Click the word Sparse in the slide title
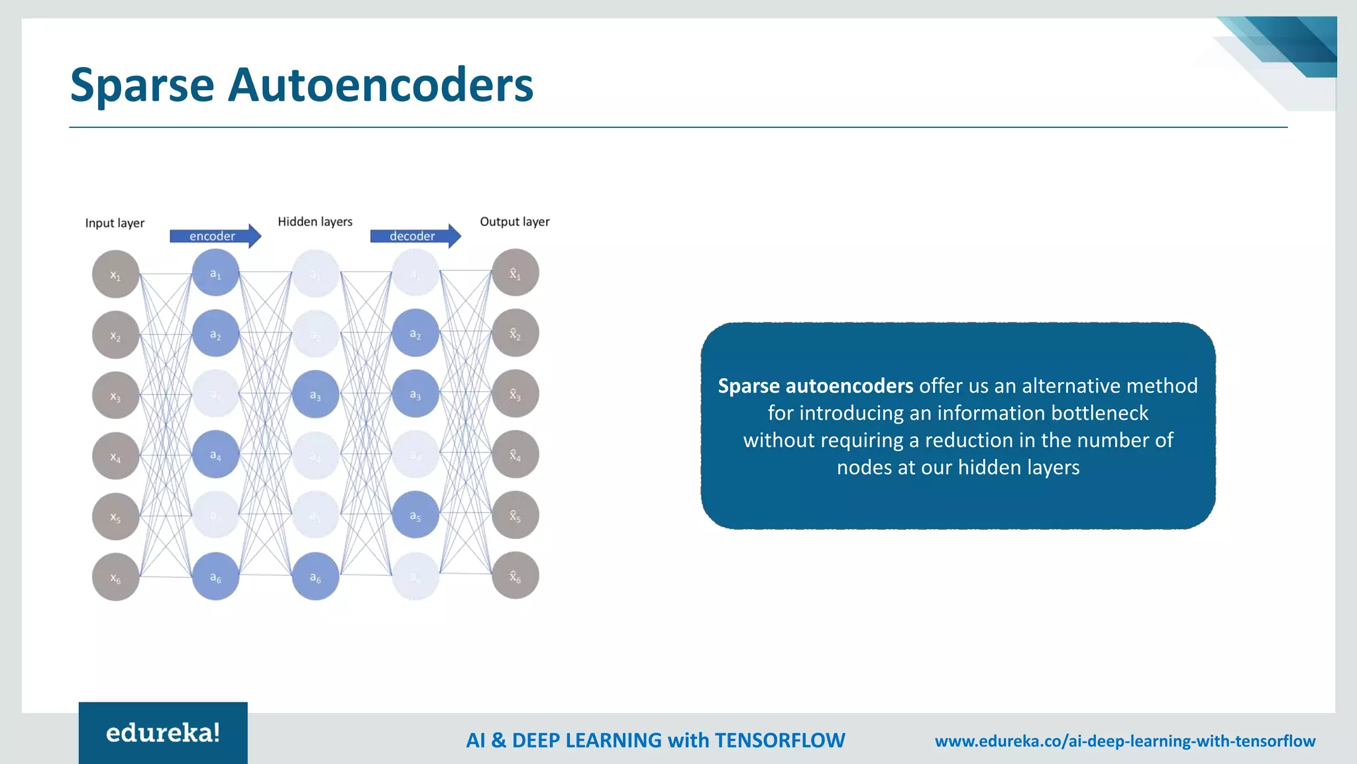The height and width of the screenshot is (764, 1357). coord(142,86)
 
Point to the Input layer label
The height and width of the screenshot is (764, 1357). coord(115,223)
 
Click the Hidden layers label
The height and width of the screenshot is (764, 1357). coord(315,222)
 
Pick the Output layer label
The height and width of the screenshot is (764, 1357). coord(514,222)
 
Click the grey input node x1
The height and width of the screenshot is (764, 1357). coord(115,275)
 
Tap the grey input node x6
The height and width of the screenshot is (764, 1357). coord(115,578)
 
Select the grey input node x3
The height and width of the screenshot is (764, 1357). coord(115,396)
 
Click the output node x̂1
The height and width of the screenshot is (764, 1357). coord(515,273)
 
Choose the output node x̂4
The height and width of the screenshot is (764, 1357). coord(515,455)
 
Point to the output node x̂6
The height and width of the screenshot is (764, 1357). coord(515,576)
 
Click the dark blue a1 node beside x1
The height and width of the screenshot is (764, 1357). coord(215,273)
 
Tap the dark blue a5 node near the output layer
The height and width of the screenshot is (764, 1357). coord(415,515)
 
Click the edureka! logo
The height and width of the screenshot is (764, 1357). coord(163,733)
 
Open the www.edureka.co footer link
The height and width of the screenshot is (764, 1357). coord(1124,741)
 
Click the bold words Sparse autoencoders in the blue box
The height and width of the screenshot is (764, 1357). coord(816,386)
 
